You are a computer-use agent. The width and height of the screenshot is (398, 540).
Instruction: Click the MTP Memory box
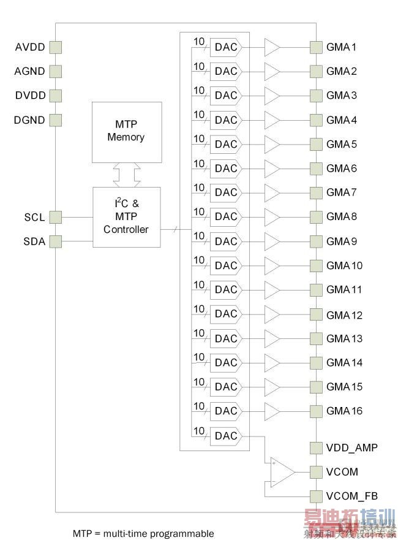[x=126, y=132]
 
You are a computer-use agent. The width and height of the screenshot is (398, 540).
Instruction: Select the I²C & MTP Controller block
[x=126, y=217]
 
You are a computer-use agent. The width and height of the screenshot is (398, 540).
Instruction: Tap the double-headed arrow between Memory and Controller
[x=126, y=175]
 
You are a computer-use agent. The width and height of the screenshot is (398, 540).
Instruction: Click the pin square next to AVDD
[x=56, y=47]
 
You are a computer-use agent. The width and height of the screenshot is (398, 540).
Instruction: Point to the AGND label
[x=29, y=71]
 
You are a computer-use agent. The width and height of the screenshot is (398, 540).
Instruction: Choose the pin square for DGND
[x=56, y=120]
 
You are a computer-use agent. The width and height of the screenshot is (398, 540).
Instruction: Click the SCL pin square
[x=56, y=217]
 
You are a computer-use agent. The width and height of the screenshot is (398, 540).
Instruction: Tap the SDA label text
[x=34, y=241]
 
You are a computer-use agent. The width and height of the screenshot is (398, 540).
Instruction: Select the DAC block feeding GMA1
[x=226, y=47]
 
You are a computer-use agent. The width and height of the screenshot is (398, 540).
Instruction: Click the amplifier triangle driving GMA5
[x=272, y=145]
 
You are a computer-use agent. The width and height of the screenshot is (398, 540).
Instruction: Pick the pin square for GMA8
[x=316, y=217]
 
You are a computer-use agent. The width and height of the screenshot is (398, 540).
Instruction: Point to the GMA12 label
[x=344, y=315]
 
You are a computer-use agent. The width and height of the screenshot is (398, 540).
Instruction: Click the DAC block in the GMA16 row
[x=226, y=411]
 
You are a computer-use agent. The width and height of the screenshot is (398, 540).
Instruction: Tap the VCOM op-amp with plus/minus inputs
[x=282, y=472]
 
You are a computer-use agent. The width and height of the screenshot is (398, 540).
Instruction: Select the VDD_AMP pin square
[x=316, y=448]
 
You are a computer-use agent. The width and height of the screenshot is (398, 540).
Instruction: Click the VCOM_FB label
[x=351, y=496]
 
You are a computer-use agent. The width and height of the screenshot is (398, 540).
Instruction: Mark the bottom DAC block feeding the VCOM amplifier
[x=226, y=436]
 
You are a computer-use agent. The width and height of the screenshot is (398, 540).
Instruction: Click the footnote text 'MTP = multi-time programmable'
[x=143, y=533]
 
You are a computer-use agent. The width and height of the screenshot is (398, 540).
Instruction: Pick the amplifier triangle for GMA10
[x=272, y=266]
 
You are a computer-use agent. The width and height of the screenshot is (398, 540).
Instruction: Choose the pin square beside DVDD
[x=56, y=96]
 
